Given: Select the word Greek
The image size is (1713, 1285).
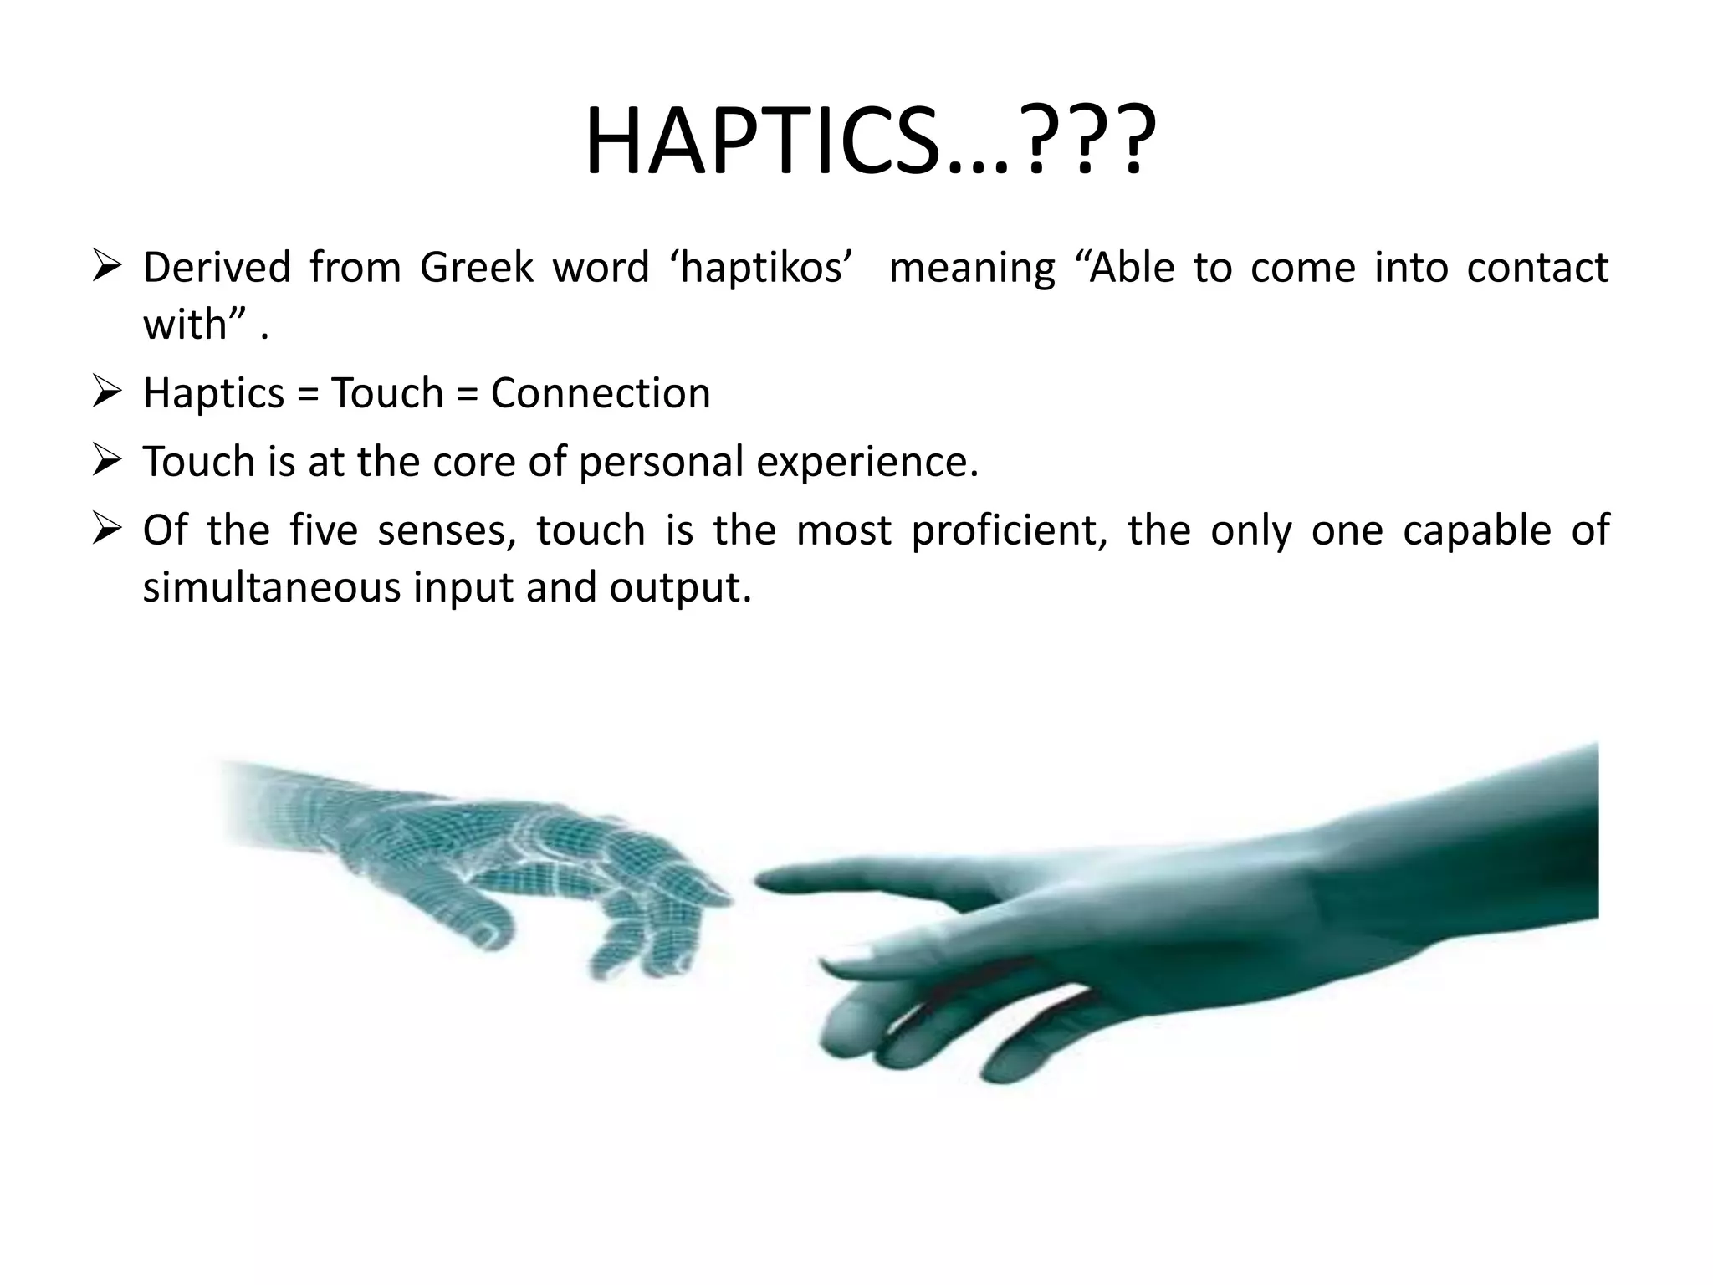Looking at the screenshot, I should (x=475, y=269).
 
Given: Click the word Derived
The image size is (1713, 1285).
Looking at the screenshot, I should (x=216, y=269).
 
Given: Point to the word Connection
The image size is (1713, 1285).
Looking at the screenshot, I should (x=600, y=393).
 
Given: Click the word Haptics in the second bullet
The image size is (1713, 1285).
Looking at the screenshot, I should (x=213, y=393).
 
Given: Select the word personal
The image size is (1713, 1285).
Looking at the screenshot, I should (x=660, y=462).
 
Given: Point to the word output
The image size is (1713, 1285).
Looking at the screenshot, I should (x=679, y=589).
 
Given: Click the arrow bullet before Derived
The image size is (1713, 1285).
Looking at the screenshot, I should (x=109, y=267).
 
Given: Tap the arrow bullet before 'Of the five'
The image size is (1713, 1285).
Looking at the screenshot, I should (x=109, y=530).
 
